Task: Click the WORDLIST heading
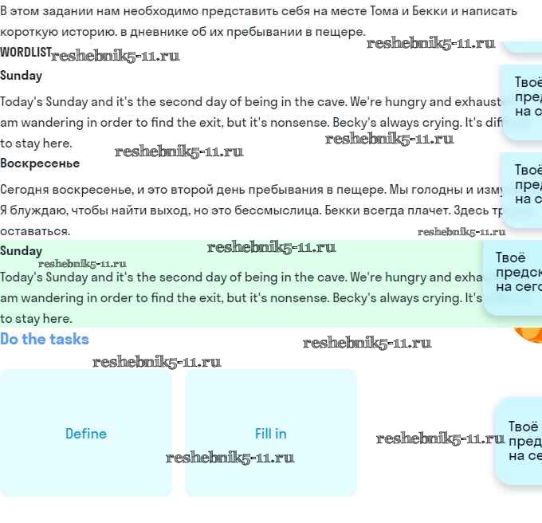point(26,52)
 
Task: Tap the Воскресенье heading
point(40,163)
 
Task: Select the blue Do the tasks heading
point(45,339)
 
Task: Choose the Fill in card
point(271,434)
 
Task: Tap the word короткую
point(28,32)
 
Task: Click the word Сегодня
point(24,190)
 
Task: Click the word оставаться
point(35,231)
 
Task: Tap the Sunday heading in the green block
point(22,251)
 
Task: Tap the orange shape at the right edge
point(528,333)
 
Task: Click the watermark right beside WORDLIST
point(115,56)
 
